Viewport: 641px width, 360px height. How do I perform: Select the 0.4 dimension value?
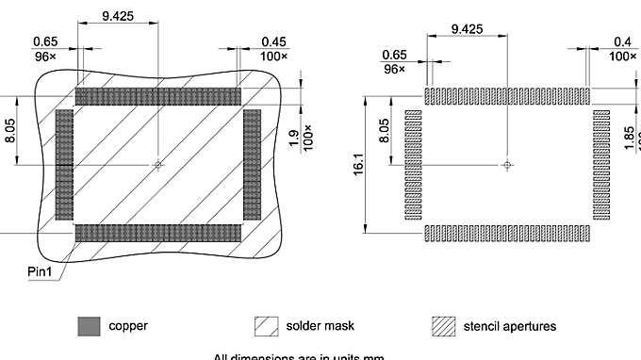coord(622,41)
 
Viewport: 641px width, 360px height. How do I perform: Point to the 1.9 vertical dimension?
coord(292,139)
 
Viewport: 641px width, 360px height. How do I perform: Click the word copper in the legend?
coord(128,327)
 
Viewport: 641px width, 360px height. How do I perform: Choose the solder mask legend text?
coord(320,327)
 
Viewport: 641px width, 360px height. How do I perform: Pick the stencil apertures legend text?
coord(510,327)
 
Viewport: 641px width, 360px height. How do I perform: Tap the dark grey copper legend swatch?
coord(90,327)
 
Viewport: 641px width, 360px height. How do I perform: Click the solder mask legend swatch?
coord(267,327)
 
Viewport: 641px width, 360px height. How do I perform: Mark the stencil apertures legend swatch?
coord(444,327)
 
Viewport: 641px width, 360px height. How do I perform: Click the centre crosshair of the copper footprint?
coord(158,165)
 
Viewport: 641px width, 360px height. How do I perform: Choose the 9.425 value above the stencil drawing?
coord(467,29)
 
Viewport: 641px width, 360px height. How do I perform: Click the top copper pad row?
coord(158,96)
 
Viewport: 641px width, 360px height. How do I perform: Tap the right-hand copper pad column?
coord(252,164)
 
